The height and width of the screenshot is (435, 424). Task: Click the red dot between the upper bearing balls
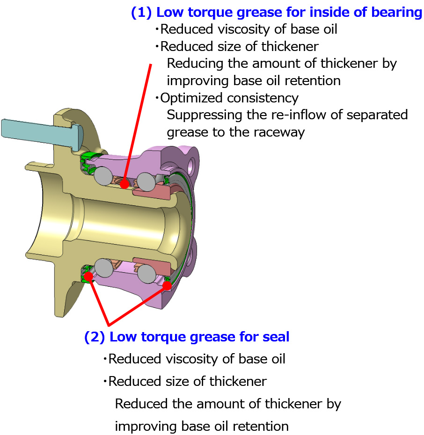tap(124, 184)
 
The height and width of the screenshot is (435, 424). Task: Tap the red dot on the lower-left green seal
tap(88, 276)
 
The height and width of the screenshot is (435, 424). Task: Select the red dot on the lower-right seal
tap(166, 286)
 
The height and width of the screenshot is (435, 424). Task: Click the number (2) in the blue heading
tap(95, 337)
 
